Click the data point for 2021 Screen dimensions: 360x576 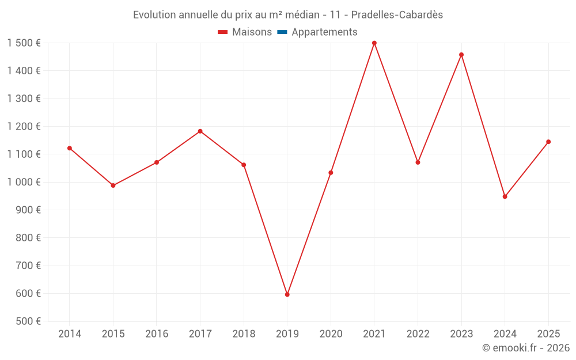pyautogui.click(x=374, y=43)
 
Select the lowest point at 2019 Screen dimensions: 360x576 pyautogui.click(x=287, y=294)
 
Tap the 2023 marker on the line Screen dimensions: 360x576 pyautogui.click(x=461, y=55)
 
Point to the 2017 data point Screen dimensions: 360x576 pyautogui.click(x=200, y=131)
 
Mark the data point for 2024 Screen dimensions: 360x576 pyautogui.click(x=505, y=196)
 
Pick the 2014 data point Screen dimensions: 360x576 pyautogui.click(x=70, y=148)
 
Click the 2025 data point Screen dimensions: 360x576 pyautogui.click(x=548, y=142)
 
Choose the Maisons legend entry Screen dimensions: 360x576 pyautogui.click(x=252, y=32)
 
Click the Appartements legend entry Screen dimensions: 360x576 pyautogui.click(x=324, y=32)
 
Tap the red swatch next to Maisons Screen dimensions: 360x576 pyautogui.click(x=223, y=32)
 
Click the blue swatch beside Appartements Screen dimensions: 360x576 pyautogui.click(x=282, y=32)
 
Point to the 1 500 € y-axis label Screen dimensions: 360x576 pyautogui.click(x=24, y=43)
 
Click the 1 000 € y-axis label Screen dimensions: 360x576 pyautogui.click(x=24, y=182)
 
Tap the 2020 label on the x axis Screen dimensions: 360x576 pyautogui.click(x=331, y=334)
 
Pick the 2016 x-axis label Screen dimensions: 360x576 pyautogui.click(x=157, y=334)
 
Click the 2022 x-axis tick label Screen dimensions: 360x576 pyautogui.click(x=418, y=334)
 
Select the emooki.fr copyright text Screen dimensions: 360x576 pyautogui.click(x=526, y=348)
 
